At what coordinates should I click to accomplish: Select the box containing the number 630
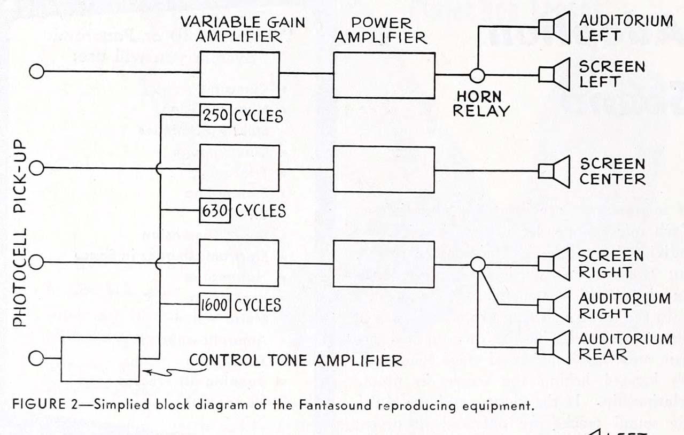(215, 211)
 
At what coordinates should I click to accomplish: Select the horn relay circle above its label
(477, 75)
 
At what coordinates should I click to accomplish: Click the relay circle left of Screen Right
(477, 263)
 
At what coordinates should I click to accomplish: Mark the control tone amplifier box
(100, 359)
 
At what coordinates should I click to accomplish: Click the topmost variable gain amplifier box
(239, 74)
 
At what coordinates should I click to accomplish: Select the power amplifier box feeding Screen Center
(384, 169)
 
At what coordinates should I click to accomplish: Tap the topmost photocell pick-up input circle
(36, 72)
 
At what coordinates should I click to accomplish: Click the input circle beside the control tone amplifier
(36, 358)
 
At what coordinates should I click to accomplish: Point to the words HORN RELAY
(479, 104)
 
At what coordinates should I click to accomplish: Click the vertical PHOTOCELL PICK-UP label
(20, 233)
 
